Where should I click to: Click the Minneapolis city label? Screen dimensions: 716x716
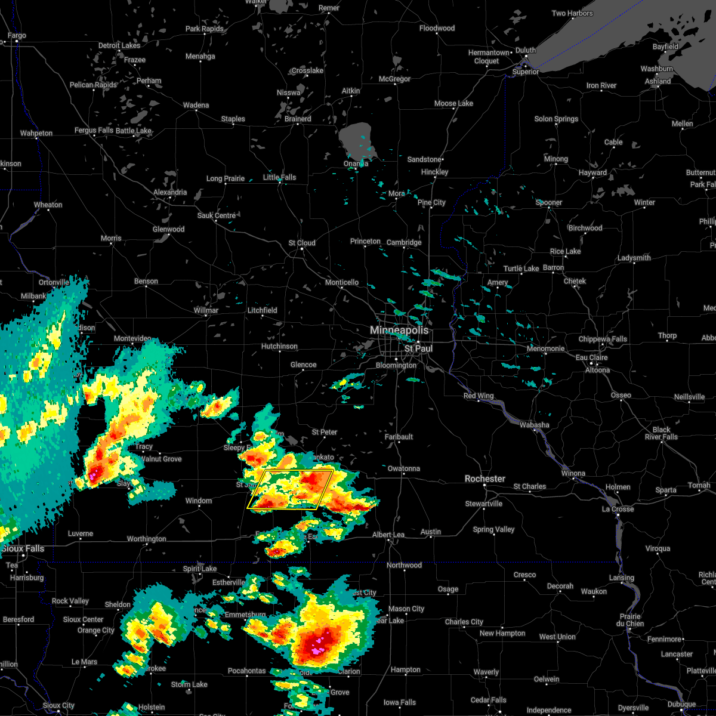tap(399, 330)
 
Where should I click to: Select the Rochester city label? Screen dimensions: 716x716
tap(485, 479)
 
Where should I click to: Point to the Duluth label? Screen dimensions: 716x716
tap(526, 50)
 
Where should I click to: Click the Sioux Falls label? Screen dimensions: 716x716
tap(23, 548)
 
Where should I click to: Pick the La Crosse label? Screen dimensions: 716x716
tap(618, 509)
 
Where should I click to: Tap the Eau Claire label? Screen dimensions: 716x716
tap(591, 357)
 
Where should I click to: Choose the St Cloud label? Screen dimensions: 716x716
tap(302, 243)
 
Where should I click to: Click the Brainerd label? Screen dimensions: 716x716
tap(298, 119)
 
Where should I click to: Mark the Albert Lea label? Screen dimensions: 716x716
tap(388, 535)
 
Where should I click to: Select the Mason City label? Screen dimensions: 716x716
tap(406, 609)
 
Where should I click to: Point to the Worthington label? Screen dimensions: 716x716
tap(147, 539)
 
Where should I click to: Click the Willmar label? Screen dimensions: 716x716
tap(206, 310)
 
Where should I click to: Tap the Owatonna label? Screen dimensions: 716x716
tap(404, 468)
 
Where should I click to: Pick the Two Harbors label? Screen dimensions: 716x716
tap(572, 13)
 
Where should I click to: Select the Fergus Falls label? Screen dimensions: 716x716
tap(94, 130)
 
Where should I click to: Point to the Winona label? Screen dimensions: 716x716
tap(574, 473)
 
